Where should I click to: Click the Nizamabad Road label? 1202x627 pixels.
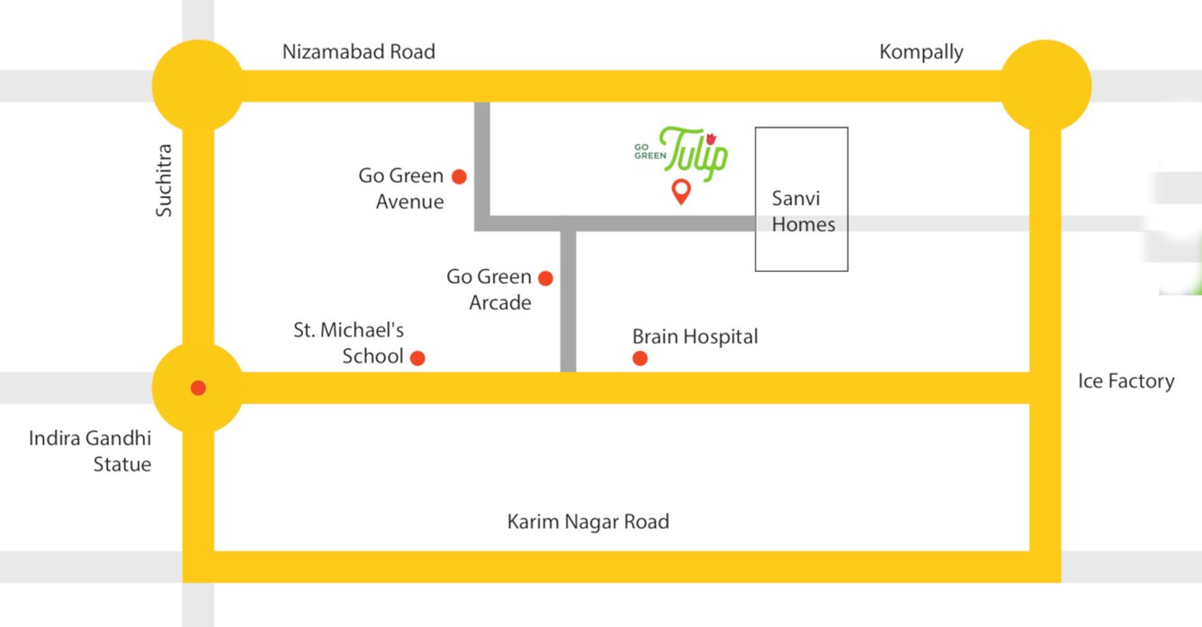coord(358,51)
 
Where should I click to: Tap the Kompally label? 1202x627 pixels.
coord(920,52)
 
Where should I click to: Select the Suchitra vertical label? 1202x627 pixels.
coord(164,180)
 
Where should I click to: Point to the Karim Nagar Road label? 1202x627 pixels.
coord(588,522)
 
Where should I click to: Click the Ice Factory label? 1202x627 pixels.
coord(1126,381)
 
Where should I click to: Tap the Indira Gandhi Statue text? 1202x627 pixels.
coord(90,452)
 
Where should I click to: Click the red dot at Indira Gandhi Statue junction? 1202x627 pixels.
coord(198,388)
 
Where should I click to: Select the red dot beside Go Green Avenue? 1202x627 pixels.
coord(459,176)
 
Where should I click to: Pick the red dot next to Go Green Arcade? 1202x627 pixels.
coord(545,278)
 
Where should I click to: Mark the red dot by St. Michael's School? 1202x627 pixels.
coord(417,358)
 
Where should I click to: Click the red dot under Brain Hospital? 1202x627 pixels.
coord(640,359)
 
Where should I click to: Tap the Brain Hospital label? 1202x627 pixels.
coord(695,336)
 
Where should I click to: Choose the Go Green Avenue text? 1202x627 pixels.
coord(401,189)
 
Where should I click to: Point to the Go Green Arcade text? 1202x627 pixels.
coord(489,290)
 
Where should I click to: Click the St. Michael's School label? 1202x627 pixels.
coord(349,343)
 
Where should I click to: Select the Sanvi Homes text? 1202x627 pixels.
coord(803,211)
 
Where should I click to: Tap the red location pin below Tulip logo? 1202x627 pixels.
coord(681,192)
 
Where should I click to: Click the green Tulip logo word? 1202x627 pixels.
coord(693,153)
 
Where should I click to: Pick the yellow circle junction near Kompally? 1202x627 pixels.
coord(1045,86)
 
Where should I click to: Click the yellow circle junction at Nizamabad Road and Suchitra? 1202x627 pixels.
coord(198,86)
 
